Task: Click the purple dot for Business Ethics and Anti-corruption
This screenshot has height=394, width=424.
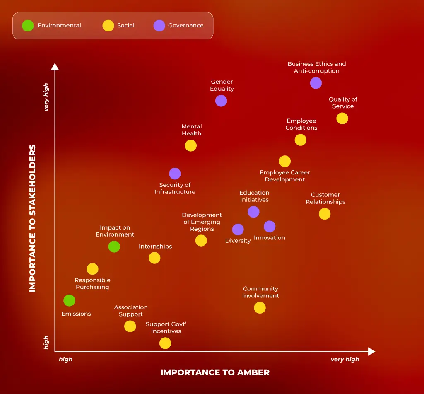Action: [x=316, y=83]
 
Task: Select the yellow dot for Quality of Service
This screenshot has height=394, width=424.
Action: [x=342, y=118]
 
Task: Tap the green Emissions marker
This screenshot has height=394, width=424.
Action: [x=69, y=300]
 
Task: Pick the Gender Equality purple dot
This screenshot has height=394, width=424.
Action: [x=221, y=101]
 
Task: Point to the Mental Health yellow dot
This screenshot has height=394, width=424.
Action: [x=190, y=145]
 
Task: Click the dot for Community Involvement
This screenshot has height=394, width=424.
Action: [x=260, y=307]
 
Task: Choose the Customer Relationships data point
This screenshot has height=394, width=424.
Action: [x=325, y=214]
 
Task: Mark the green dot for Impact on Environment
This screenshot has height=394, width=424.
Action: [x=114, y=247]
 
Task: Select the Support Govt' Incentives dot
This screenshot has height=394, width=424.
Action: [x=165, y=343]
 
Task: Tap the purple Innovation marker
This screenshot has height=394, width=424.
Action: [x=270, y=226]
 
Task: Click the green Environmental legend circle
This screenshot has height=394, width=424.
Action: [x=28, y=26]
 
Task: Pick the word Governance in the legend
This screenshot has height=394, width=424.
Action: [x=185, y=26]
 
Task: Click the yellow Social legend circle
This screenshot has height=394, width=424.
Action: [x=108, y=26]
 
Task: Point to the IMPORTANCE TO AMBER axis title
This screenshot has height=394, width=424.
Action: [x=215, y=372]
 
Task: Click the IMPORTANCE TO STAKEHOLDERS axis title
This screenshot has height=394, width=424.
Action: [x=33, y=218]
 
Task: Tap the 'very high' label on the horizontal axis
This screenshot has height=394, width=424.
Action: [x=344, y=360]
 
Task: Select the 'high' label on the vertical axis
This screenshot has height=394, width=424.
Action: [x=46, y=342]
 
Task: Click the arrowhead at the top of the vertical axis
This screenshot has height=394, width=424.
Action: [x=55, y=66]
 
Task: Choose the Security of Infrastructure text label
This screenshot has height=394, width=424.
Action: [x=175, y=189]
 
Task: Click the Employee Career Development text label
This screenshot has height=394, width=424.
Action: [x=284, y=176]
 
